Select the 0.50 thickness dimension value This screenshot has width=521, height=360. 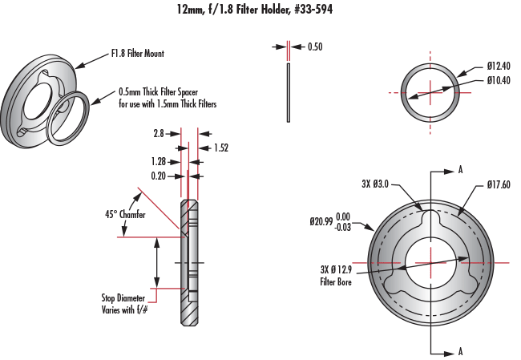315,47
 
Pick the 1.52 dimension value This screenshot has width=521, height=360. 221,148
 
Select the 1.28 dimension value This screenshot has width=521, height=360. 160,161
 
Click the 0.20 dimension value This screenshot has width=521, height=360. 160,175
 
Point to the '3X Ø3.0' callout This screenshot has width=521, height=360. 375,184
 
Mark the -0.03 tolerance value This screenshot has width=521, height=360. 342,228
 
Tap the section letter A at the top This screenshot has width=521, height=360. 460,171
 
